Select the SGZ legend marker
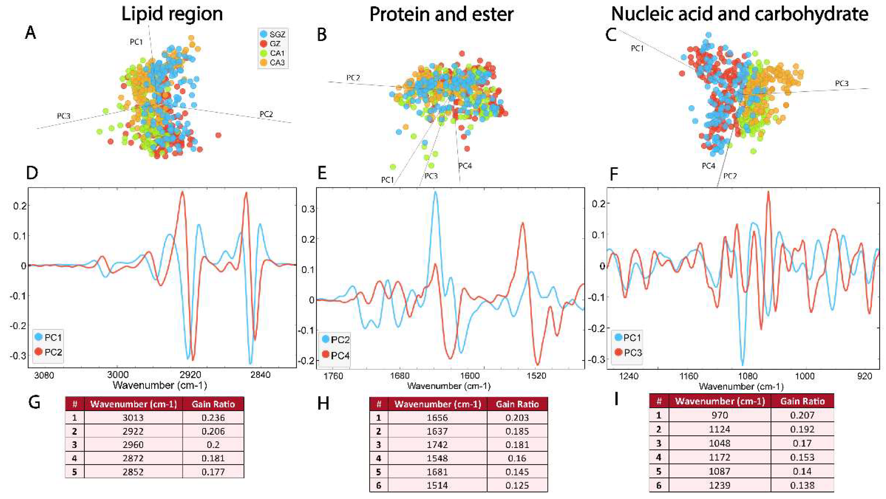264,34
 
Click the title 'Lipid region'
172,14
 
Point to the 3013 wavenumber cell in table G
133,418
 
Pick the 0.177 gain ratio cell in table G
213,472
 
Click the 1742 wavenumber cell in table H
437,445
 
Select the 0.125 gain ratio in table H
517,485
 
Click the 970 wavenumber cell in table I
719,415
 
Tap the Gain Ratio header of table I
802,401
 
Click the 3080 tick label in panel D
44,375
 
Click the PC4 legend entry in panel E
335,355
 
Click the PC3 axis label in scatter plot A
64,116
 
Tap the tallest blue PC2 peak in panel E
435,193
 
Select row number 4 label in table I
659,457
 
